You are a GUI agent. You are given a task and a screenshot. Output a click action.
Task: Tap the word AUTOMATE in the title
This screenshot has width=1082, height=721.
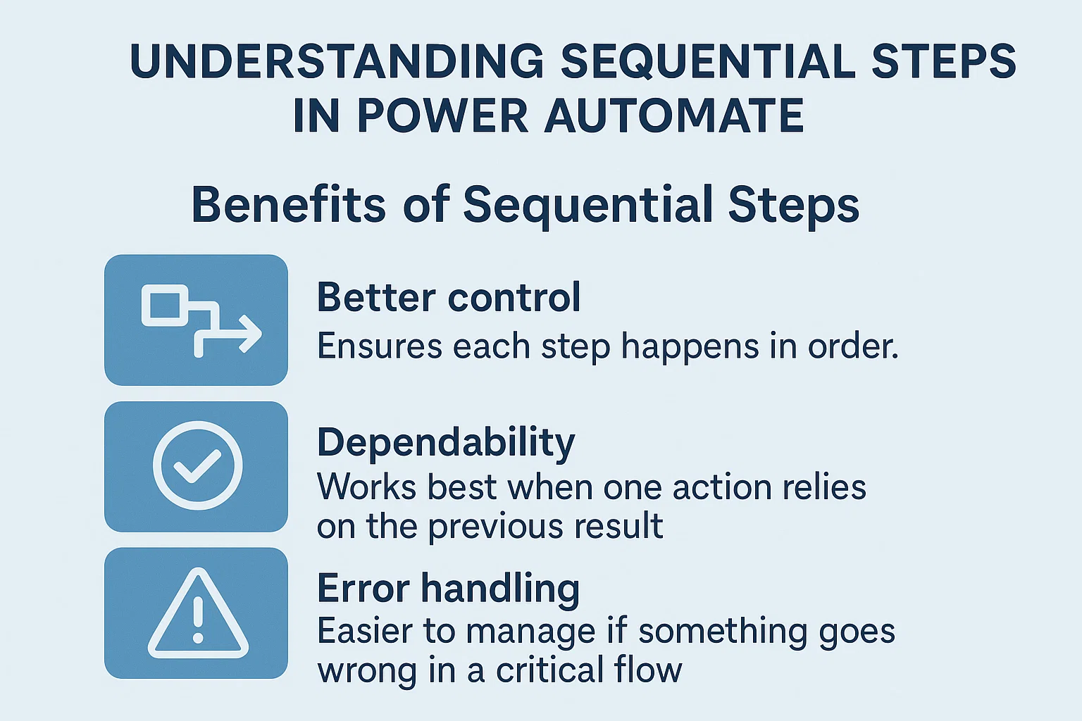674,115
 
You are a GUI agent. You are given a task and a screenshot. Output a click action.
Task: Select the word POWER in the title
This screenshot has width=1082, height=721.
442,115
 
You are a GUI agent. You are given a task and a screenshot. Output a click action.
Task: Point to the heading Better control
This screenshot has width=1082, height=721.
449,297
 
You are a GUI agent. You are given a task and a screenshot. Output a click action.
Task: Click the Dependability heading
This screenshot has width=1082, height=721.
446,444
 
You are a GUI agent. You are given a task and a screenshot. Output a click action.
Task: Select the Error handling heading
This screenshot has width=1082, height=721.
448,588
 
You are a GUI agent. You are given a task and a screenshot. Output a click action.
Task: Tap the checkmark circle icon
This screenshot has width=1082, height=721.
197,465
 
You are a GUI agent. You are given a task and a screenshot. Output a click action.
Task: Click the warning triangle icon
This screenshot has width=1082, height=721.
198,615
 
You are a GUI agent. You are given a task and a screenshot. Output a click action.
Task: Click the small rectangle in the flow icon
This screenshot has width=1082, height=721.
165,306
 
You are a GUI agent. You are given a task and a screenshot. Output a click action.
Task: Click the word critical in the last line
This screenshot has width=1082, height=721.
549,670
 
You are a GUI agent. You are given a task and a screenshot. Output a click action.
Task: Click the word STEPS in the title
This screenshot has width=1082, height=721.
944,61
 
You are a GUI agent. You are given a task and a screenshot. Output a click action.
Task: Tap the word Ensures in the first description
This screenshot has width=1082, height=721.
379,346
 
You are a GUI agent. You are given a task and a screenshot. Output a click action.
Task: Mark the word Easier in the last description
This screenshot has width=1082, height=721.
364,631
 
